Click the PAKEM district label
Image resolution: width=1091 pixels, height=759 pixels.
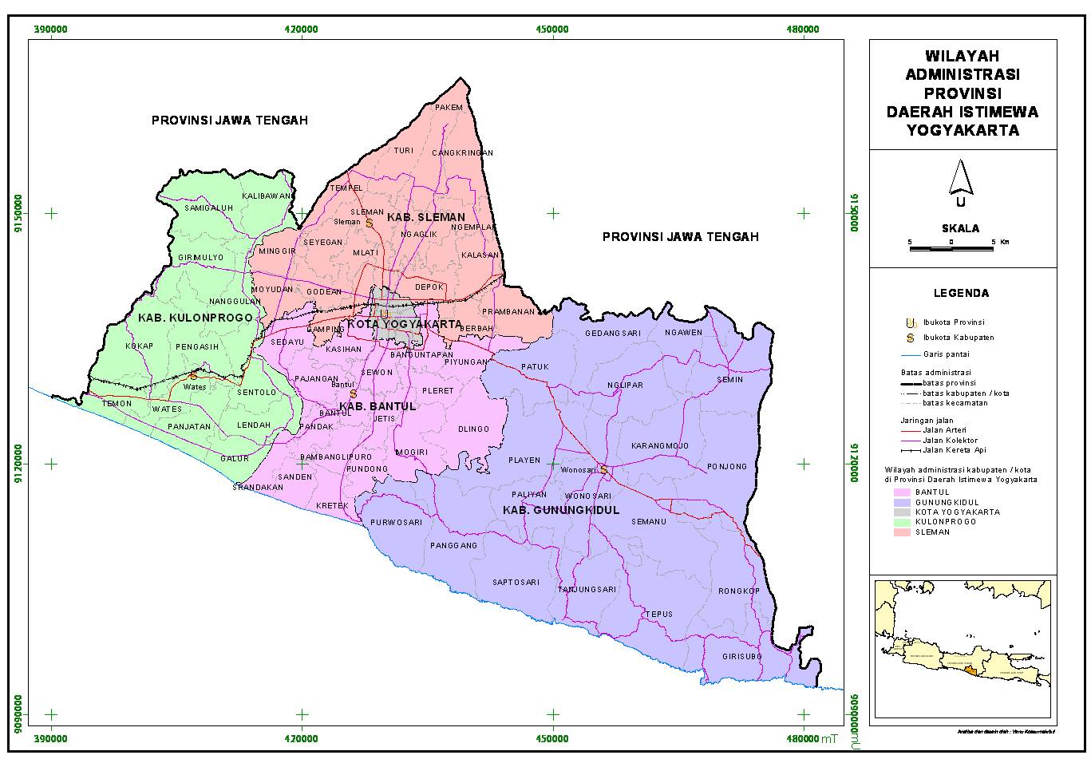point(449,107)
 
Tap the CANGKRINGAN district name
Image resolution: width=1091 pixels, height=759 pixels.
point(463,153)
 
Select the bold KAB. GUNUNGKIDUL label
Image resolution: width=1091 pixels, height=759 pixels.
point(561,510)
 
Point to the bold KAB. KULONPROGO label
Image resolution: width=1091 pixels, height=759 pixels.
point(195,318)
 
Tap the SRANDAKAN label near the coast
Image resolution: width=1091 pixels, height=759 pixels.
point(258,487)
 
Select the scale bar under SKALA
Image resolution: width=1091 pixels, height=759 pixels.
point(951,249)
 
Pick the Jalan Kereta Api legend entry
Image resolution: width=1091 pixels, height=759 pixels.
point(949,450)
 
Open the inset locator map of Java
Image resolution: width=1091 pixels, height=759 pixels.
point(963,649)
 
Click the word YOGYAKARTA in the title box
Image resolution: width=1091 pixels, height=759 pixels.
point(963,131)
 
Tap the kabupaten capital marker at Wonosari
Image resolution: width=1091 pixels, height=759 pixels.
point(604,470)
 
